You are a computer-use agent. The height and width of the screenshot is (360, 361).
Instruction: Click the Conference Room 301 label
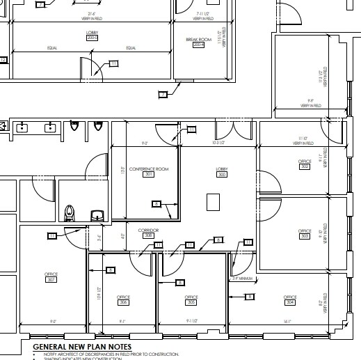coord(147,171)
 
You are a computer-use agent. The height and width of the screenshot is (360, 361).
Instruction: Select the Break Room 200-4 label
coord(198,42)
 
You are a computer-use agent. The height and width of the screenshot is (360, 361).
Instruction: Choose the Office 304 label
coord(290,300)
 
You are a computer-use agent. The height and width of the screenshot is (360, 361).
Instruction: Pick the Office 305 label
coord(191,300)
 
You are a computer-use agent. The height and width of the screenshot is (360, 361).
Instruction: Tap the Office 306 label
coord(124,300)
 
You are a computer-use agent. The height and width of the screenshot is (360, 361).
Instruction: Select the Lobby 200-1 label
coord(92,35)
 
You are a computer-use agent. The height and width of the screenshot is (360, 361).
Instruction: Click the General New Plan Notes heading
coord(82,346)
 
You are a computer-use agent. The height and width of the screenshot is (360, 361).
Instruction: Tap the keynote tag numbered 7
coord(163,93)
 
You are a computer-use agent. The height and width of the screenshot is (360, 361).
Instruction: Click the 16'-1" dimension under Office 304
coord(287,321)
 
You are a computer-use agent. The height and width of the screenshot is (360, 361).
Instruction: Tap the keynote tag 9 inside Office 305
coord(180,283)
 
